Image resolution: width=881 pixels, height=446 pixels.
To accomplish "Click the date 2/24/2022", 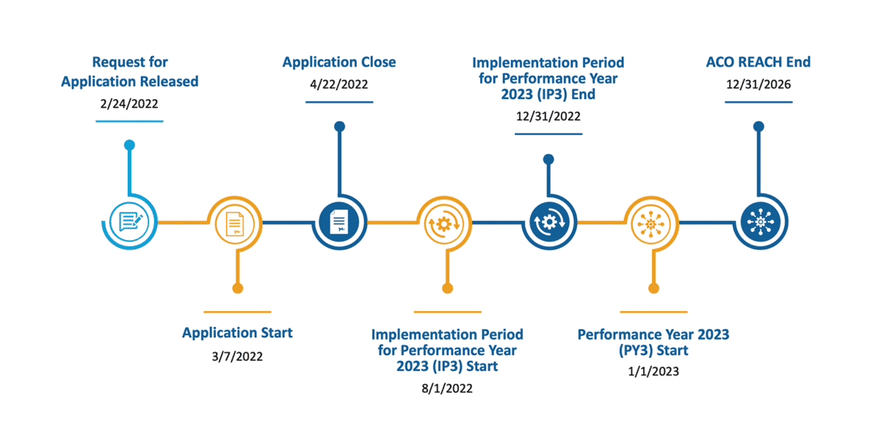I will (x=129, y=103).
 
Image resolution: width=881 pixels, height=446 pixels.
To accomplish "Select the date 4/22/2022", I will (x=338, y=84).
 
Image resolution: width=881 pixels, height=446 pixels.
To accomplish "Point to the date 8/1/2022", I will (x=446, y=388).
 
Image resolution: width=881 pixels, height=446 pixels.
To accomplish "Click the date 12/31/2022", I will (x=548, y=117).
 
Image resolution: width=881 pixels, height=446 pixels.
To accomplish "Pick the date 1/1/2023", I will (x=653, y=371).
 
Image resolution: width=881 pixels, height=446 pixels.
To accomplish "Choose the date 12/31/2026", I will (x=758, y=84).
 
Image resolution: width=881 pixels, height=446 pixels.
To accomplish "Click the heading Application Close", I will (x=338, y=62).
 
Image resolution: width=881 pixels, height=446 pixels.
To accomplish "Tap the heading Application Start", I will (x=237, y=333).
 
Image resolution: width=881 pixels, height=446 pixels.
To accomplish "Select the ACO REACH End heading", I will (x=758, y=62).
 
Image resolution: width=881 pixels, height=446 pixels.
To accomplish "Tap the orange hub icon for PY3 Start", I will (x=650, y=222).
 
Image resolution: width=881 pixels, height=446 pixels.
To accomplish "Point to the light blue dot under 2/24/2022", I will (x=129, y=145).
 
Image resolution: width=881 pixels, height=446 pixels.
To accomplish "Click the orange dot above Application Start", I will (x=237, y=288).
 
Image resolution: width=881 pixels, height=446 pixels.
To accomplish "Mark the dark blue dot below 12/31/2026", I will (x=758, y=127).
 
